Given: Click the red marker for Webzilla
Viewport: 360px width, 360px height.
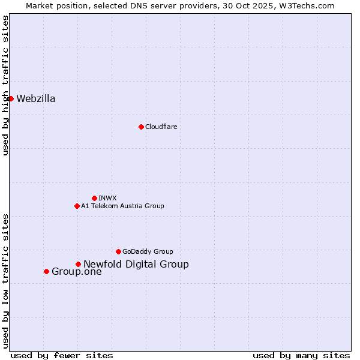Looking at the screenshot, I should (x=11, y=98).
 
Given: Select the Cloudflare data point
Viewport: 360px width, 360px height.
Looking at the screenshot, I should (x=141, y=127).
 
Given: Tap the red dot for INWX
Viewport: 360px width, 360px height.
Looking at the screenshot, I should (x=94, y=198).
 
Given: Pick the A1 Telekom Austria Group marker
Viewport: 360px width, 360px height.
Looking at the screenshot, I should (x=77, y=206).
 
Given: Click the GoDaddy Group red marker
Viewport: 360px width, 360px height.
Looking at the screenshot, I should (x=118, y=251).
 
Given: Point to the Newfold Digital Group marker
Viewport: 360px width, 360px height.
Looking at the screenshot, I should (x=78, y=264).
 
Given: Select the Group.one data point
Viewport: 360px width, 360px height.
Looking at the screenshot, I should (x=46, y=271).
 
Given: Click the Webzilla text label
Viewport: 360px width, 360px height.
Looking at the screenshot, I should (x=36, y=99).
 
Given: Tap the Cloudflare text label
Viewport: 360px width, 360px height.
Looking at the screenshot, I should (x=161, y=127).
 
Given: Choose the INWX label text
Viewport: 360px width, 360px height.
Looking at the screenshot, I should (x=107, y=198).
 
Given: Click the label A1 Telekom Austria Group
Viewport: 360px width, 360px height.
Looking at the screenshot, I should (x=122, y=206).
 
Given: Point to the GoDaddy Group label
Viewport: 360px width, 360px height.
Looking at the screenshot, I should (x=148, y=251).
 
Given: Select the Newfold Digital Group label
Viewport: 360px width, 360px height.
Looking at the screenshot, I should (x=136, y=265).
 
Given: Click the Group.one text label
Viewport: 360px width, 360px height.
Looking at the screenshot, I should (x=77, y=272).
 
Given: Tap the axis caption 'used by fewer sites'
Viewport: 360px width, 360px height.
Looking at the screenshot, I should (x=62, y=355).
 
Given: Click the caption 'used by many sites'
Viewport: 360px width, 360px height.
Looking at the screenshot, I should (x=301, y=355).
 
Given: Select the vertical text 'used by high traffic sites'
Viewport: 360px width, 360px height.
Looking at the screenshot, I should (x=5, y=85).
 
